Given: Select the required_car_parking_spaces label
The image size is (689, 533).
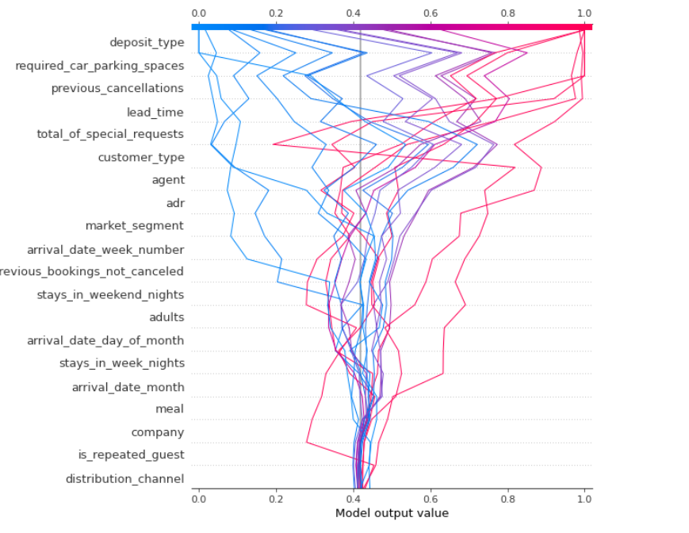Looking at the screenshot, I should pyautogui.click(x=99, y=65).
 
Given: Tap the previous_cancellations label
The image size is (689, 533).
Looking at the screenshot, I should pyautogui.click(x=117, y=88).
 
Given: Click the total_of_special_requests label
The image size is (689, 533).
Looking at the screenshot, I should pyautogui.click(x=110, y=134).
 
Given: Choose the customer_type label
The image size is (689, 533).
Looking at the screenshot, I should pyautogui.click(x=140, y=157).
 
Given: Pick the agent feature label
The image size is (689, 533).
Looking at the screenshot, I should pyautogui.click(x=167, y=180).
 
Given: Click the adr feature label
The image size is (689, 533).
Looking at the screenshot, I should pyautogui.click(x=174, y=203).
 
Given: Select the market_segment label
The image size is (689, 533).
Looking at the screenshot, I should pyautogui.click(x=134, y=225).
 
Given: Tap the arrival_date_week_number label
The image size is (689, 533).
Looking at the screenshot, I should pyautogui.click(x=105, y=249).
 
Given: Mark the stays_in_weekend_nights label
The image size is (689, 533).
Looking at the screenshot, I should pyautogui.click(x=110, y=294).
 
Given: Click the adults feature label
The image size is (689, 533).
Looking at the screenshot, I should pyautogui.click(x=167, y=317).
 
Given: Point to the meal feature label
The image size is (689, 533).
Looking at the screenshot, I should pyautogui.click(x=170, y=408).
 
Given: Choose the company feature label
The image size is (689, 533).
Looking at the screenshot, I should pyautogui.click(x=157, y=432).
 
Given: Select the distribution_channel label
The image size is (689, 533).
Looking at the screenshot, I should pyautogui.click(x=124, y=478).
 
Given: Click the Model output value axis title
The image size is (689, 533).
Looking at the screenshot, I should pyautogui.click(x=392, y=513).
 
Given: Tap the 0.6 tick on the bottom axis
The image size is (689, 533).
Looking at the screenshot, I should pyautogui.click(x=431, y=497).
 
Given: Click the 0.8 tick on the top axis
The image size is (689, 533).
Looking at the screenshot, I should pyautogui.click(x=507, y=13).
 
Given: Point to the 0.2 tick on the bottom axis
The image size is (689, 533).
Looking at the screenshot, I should pyautogui.click(x=276, y=497).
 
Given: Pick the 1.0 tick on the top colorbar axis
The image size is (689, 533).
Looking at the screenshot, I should pyautogui.click(x=584, y=13).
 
